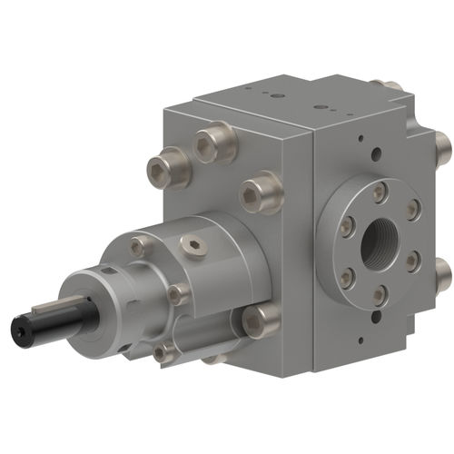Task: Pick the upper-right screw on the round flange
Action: click(x=413, y=211)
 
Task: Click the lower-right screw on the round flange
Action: click(x=412, y=262)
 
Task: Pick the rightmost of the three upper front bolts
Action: click(x=260, y=190)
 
